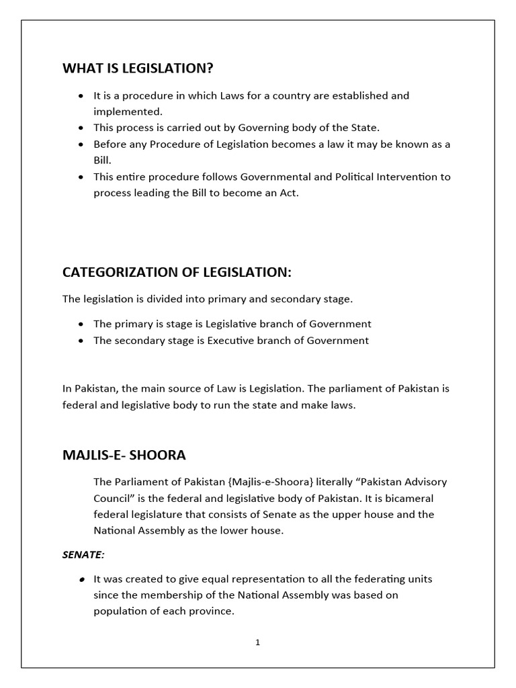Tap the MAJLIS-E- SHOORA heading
[124, 456]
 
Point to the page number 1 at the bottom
[257, 642]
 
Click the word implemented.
[128, 112]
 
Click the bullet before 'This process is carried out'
[81, 128]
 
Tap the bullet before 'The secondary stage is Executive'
[81, 341]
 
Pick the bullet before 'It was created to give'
[81, 578]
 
